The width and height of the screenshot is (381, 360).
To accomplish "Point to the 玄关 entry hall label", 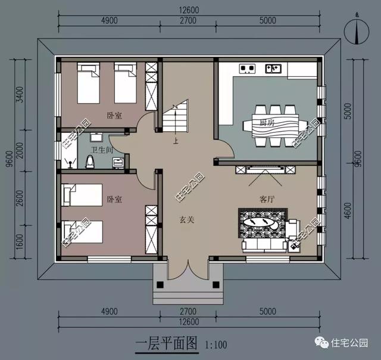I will pos(188,219).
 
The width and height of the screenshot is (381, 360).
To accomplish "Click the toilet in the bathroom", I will pos(90,161).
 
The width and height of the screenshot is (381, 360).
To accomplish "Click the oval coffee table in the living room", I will pos(263,222).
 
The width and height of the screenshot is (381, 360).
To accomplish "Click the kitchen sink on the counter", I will pos(273,69).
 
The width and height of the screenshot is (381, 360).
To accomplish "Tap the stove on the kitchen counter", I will pos(246,67).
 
